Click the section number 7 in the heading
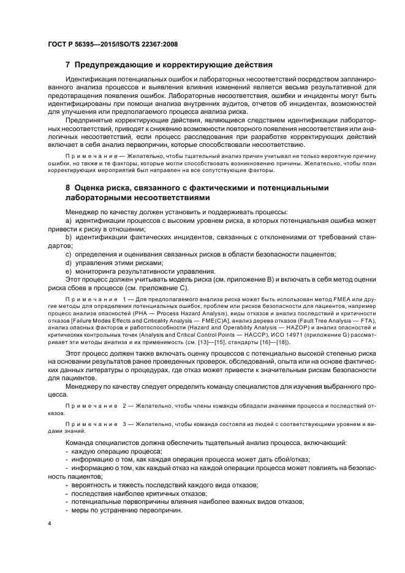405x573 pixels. click(67, 65)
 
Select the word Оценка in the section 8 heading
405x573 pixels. click(91, 187)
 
